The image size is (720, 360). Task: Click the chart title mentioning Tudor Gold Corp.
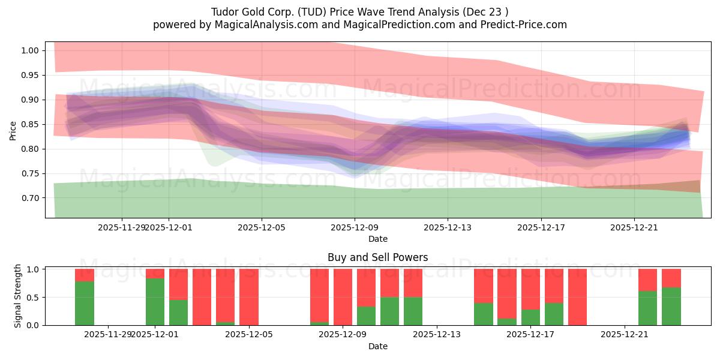coord(360,11)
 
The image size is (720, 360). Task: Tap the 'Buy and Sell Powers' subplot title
coord(377,257)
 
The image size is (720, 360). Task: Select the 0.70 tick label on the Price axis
coord(29,198)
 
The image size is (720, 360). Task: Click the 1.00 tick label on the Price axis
coord(29,50)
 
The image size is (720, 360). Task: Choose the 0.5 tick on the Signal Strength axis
coord(34,297)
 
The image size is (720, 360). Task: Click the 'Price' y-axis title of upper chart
coord(13,130)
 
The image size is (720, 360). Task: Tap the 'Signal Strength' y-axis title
coord(18,296)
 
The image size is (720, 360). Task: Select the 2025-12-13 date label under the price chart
coord(448,227)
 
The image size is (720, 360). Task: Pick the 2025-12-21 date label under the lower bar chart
coord(625,334)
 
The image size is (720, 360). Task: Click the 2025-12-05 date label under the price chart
coord(262,227)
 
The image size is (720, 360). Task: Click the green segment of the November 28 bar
coord(85,303)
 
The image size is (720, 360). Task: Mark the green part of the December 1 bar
coord(155,301)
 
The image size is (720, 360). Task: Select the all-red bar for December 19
coord(577,297)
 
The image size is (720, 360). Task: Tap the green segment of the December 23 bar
coord(671,306)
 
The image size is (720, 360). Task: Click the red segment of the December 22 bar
coord(648,280)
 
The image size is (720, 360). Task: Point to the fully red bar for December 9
coord(343,297)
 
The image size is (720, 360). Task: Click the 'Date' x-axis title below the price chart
coord(377,239)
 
